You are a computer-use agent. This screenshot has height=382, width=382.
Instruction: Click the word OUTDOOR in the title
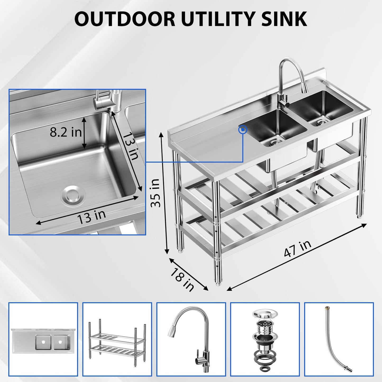click(125, 19)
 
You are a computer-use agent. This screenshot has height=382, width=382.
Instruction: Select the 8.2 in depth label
click(66, 132)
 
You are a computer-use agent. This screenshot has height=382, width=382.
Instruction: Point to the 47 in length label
click(297, 249)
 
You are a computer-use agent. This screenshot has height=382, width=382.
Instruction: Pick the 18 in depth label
click(182, 279)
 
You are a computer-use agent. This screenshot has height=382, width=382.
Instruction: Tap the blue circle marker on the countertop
click(242, 130)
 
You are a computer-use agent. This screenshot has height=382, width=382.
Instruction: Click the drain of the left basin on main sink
click(273, 143)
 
